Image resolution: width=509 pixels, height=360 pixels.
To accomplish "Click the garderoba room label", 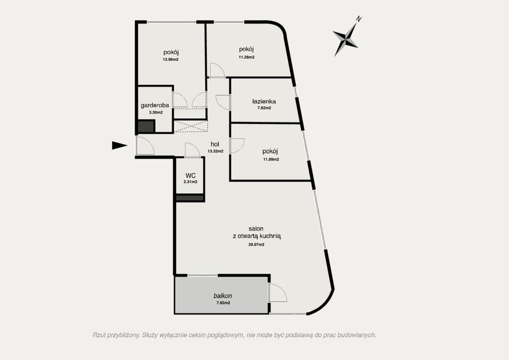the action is (x=155, y=105).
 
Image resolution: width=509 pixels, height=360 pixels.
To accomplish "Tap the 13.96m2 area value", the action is (x=171, y=59).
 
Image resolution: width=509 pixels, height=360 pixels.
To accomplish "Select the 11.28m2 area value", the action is (x=247, y=57).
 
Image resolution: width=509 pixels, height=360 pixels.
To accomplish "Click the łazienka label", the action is (x=264, y=101).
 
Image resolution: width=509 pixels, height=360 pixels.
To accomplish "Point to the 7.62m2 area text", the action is (x=263, y=108).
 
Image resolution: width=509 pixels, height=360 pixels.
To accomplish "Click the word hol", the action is (x=215, y=144).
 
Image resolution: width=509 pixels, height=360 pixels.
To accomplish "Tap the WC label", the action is (x=190, y=176).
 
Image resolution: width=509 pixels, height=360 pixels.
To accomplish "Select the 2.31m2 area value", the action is (x=190, y=182).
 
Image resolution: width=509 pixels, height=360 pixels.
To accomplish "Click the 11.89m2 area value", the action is (x=271, y=160).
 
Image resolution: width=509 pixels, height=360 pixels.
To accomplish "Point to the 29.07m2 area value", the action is (x=256, y=245).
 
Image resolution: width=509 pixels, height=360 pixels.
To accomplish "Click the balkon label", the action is (x=223, y=296).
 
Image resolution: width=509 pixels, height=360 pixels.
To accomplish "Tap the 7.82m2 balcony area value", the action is (x=223, y=303).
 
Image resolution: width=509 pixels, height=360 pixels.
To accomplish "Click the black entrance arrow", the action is (x=119, y=145).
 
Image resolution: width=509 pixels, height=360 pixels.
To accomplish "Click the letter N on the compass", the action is (x=358, y=19).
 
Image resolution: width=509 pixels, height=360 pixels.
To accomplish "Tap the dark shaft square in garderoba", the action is (x=146, y=127).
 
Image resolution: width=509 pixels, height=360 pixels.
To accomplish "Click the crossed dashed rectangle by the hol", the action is (x=190, y=126).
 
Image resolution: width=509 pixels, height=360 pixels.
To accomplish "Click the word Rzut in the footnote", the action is (x=99, y=335).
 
